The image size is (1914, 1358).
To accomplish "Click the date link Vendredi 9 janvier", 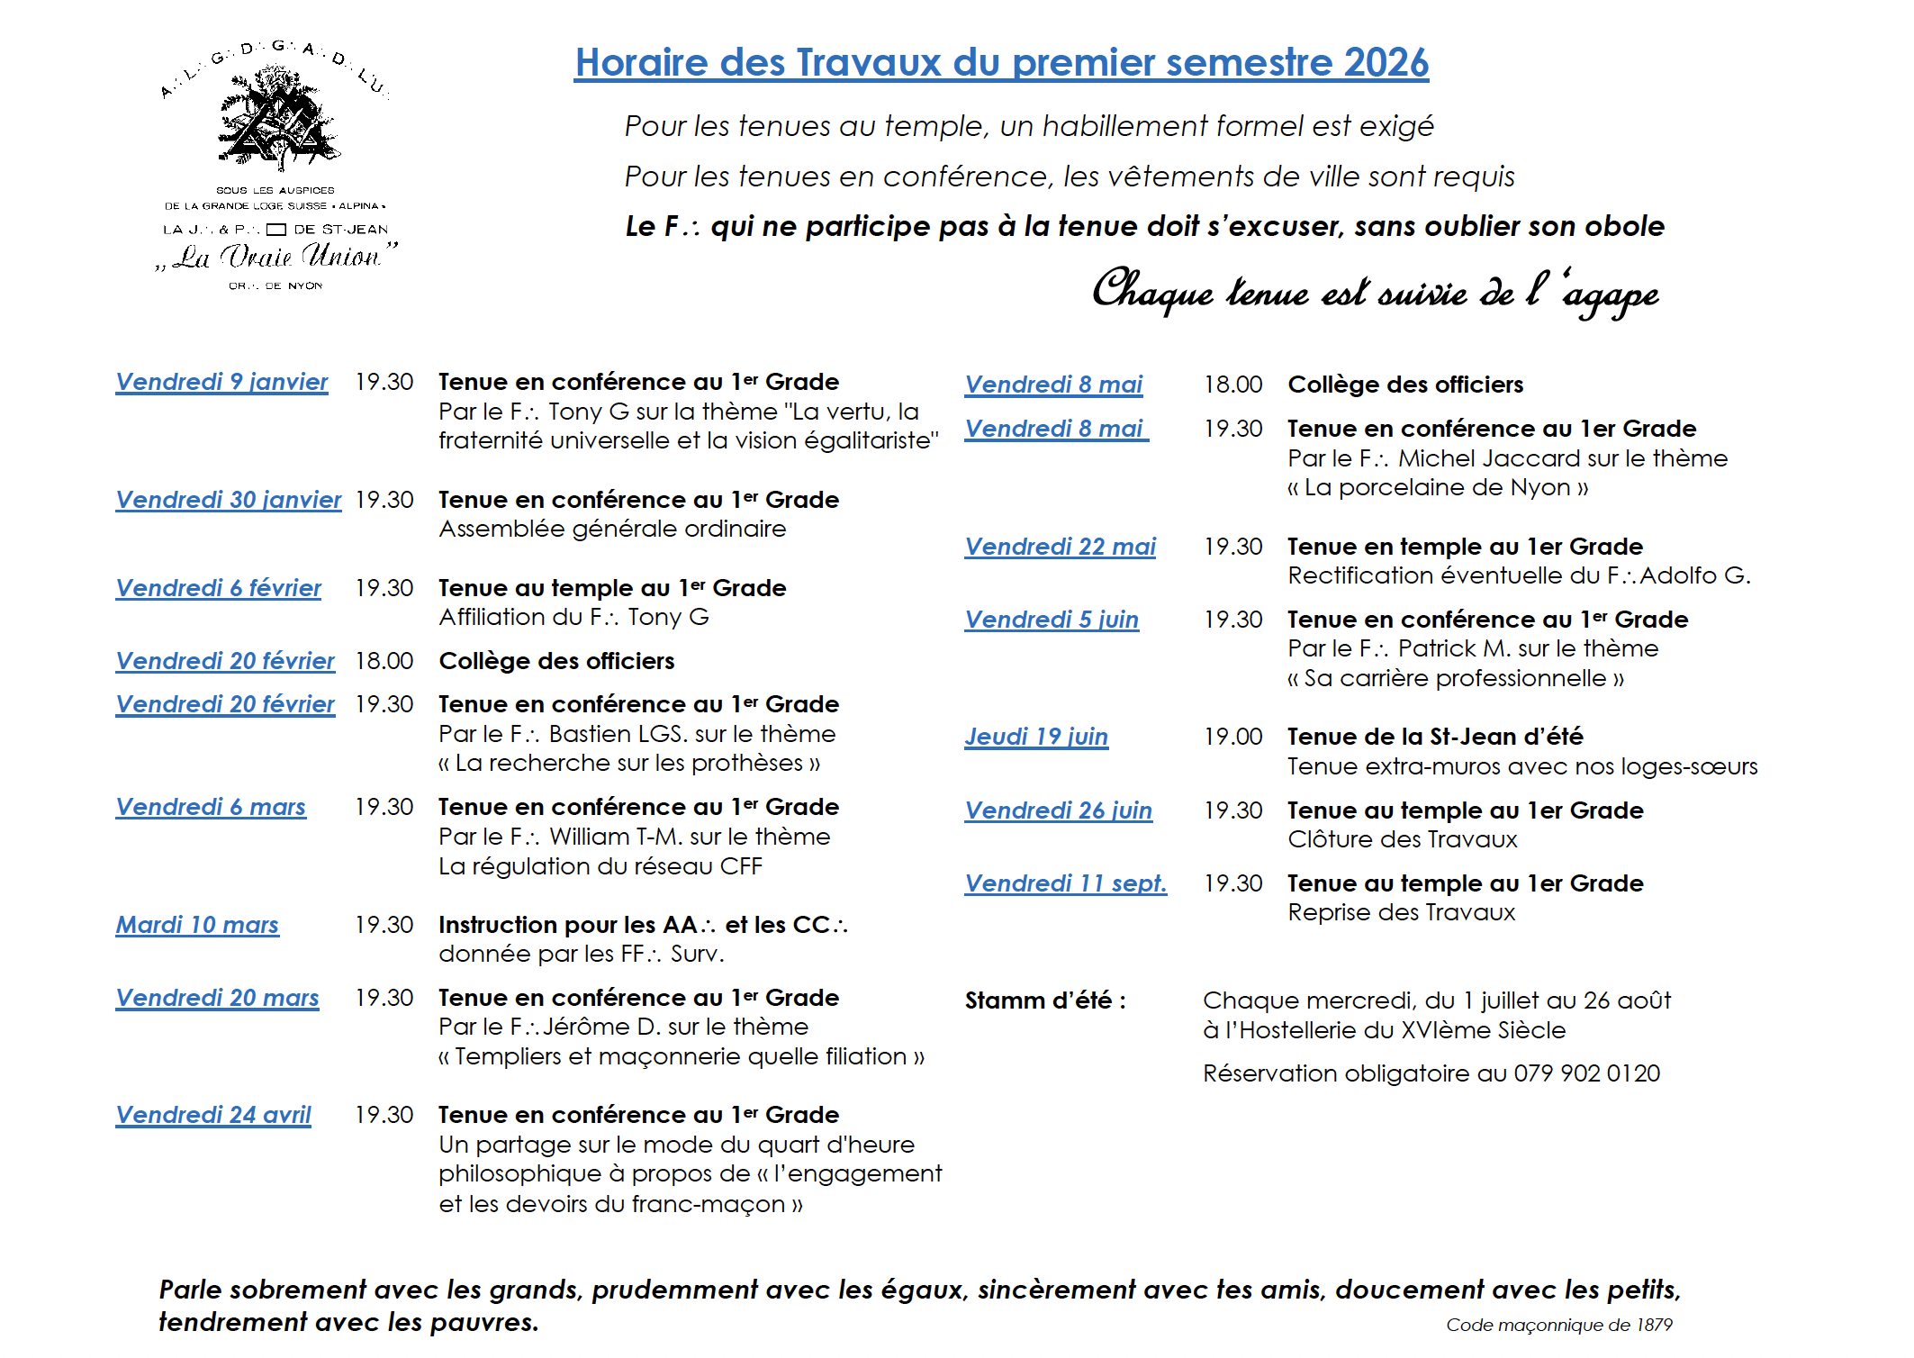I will point(221,382).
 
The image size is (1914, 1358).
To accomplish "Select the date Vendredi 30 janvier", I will point(229,500).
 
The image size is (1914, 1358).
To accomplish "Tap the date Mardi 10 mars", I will point(197,925).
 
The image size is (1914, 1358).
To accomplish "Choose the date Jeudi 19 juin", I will point(1036,737).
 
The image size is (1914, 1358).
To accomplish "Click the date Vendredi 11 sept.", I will point(1065,883).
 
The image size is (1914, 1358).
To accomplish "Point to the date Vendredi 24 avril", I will point(213,1115).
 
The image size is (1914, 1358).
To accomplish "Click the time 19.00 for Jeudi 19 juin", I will point(1233,737).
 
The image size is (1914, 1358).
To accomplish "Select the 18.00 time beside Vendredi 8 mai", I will point(1233,385).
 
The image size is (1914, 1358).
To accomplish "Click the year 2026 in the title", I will point(1386,63).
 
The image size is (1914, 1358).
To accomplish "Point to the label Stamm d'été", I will point(1044,1000).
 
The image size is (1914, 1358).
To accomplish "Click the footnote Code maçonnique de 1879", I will point(1558,1325).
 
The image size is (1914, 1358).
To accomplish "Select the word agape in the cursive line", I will point(1612,295).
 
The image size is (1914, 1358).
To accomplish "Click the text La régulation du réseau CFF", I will point(600,866).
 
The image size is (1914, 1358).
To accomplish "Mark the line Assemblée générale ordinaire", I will point(612,529).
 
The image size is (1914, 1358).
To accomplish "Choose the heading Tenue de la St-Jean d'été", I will point(1435,737).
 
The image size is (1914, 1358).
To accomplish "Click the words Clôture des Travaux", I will point(1402,839).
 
